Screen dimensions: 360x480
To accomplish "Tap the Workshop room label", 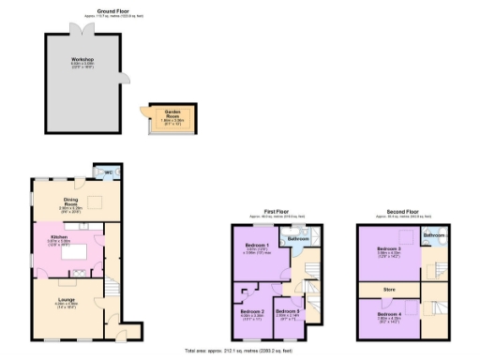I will pyautogui.click(x=83, y=59).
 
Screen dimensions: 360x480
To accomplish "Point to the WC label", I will pyautogui.click(x=109, y=172).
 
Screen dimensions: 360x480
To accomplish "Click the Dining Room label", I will pyautogui.click(x=70, y=202).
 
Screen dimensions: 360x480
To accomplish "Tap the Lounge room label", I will pyautogui.click(x=66, y=299).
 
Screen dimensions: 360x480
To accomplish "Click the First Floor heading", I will pyautogui.click(x=277, y=213).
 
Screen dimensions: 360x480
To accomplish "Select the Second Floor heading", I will pyautogui.click(x=401, y=213).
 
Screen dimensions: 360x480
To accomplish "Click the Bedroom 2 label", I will pyautogui.click(x=252, y=311).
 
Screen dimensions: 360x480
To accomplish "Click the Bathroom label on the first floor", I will pyautogui.click(x=298, y=239).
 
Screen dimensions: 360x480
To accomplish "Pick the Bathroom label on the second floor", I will pyautogui.click(x=432, y=234).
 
